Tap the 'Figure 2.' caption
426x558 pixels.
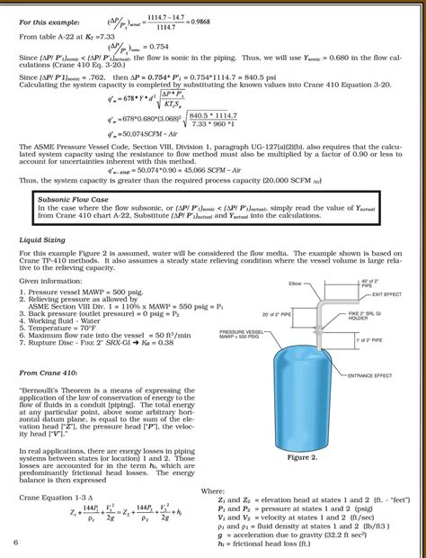[x=302, y=457]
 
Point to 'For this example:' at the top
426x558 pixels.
[x=49, y=21]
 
